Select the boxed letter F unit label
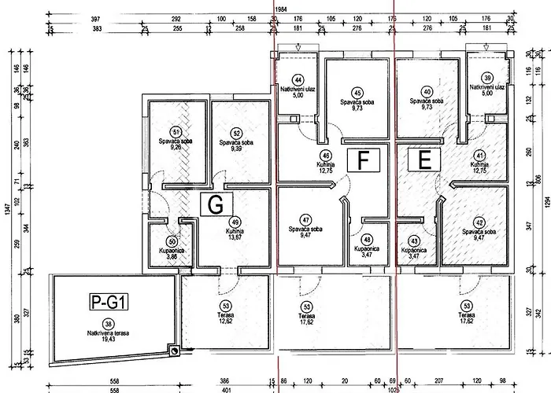coord(363,160)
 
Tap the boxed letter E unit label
coord(424,160)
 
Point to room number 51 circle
coord(176,132)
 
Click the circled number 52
coord(235,133)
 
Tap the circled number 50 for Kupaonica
coord(172,241)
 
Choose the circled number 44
coord(298,80)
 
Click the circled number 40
coord(427,90)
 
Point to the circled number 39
coord(487,78)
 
